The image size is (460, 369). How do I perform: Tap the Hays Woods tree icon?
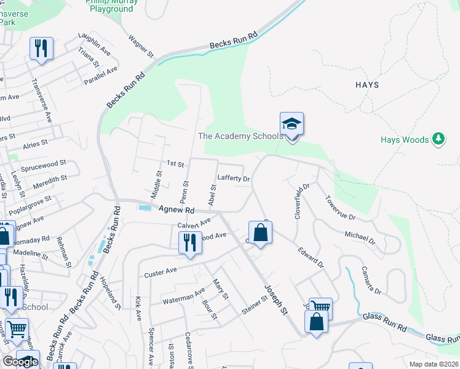coord(438,140)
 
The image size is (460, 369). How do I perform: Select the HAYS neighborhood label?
coord(367,85)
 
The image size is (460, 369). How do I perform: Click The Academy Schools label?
coord(240,136)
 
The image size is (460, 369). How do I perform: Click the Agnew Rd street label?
coord(176,210)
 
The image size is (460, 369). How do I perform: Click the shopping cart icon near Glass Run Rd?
coord(320,307)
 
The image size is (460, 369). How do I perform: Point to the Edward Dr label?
coord(311,257)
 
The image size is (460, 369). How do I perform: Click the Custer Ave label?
coord(160,271)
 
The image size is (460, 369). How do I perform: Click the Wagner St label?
coord(141,46)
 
